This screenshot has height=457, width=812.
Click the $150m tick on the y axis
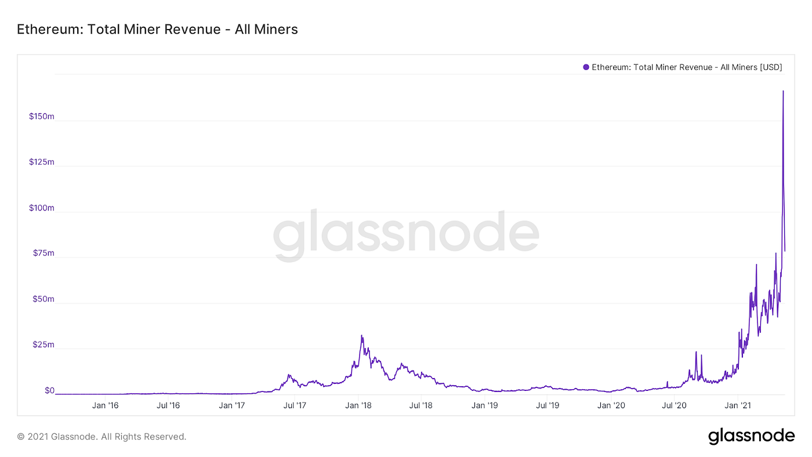[x=41, y=117]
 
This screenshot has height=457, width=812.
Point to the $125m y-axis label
[x=41, y=162]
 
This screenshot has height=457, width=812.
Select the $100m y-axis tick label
[x=41, y=208]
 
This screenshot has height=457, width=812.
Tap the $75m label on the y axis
[x=43, y=253]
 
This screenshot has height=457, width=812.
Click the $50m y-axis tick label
[x=43, y=299]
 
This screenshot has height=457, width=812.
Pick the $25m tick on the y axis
[x=43, y=345]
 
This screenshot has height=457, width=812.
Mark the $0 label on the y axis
[x=49, y=391]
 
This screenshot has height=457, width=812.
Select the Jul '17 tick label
[x=295, y=405]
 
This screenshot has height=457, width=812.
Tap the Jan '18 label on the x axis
[x=358, y=405]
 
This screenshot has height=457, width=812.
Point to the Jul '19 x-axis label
[x=548, y=405]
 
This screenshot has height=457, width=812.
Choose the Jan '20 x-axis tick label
[x=611, y=405]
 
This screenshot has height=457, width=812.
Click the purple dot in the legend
[x=586, y=67]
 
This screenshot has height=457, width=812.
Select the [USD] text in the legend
[x=771, y=67]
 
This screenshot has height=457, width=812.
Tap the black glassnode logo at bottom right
[x=751, y=436]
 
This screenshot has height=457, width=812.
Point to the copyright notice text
[x=101, y=437]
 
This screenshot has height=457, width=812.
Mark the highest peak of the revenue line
[x=783, y=91]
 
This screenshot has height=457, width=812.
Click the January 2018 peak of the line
[x=362, y=335]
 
